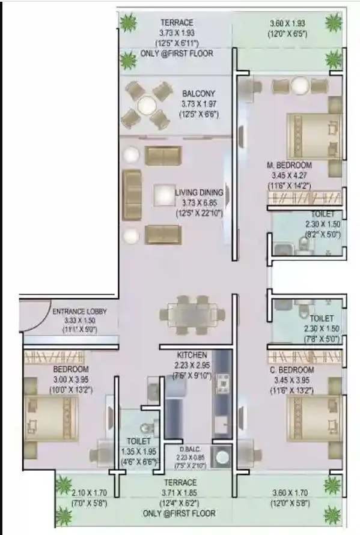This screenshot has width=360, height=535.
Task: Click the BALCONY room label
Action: [198, 94]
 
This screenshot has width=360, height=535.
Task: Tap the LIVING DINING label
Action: [199, 193]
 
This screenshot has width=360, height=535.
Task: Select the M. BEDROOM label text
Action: [289, 165]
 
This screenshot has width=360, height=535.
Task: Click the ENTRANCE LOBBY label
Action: [79, 312]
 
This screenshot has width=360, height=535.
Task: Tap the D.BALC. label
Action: [191, 448]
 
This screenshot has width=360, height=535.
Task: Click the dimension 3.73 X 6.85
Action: [199, 203]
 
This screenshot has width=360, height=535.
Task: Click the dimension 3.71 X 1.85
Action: [180, 493]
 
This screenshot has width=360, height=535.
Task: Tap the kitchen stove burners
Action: [221, 381]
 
